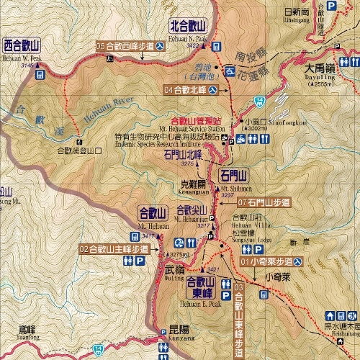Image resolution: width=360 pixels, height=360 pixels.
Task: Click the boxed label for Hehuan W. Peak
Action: point(23,45)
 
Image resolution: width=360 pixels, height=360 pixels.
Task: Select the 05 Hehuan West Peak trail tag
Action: point(130,46)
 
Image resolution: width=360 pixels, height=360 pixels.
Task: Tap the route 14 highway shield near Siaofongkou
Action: point(258,100)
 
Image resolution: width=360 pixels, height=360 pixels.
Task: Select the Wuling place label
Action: point(174,269)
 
